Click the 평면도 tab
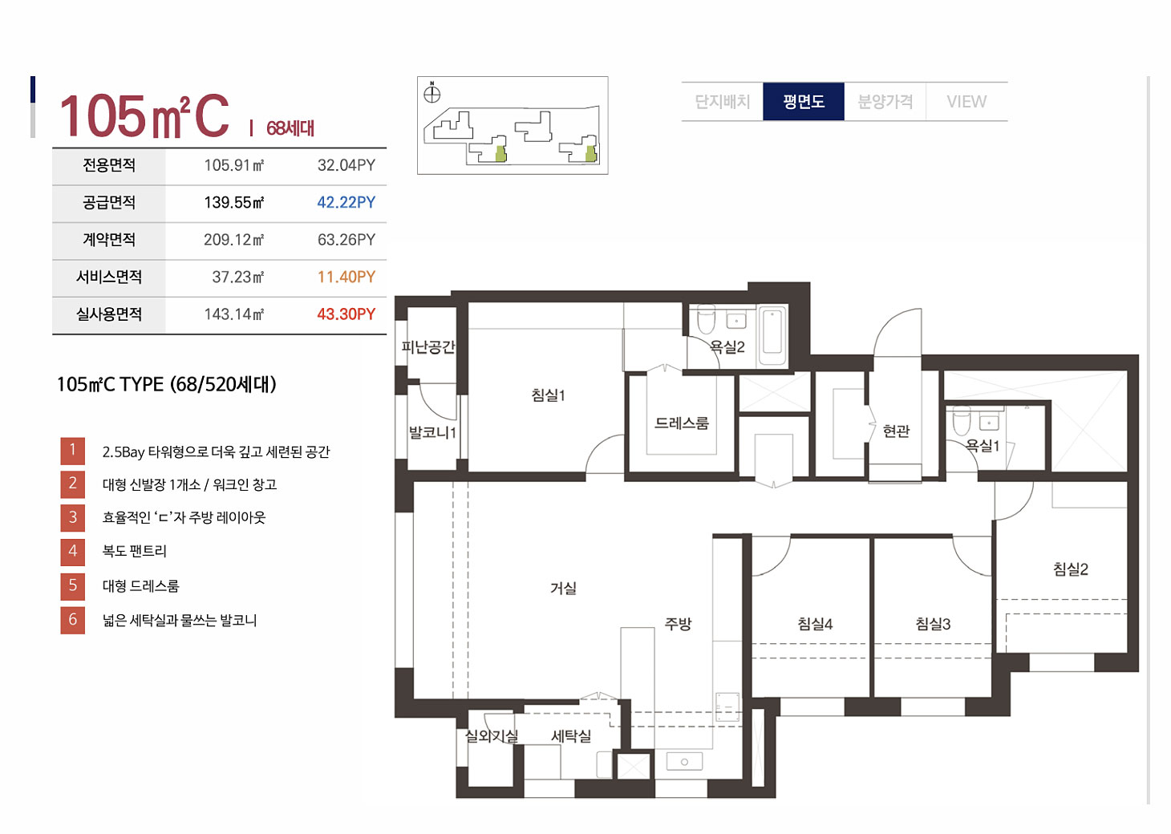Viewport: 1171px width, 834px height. click(x=803, y=101)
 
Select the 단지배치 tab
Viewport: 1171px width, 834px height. click(x=722, y=101)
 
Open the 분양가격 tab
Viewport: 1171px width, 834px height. click(x=885, y=101)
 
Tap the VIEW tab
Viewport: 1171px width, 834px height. click(x=966, y=101)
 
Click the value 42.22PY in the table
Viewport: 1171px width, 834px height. click(x=346, y=202)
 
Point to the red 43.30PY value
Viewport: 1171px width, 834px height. click(x=346, y=314)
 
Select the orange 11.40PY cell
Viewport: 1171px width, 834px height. click(x=346, y=277)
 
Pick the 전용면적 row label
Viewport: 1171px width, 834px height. click(x=109, y=165)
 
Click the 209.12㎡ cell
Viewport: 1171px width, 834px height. click(x=233, y=240)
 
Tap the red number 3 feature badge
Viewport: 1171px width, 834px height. click(x=73, y=517)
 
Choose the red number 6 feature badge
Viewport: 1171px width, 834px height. click(x=73, y=620)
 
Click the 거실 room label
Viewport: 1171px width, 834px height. click(x=563, y=589)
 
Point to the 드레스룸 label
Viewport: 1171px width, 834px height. click(x=682, y=423)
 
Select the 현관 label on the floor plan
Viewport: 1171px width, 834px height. click(x=896, y=431)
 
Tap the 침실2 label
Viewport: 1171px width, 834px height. click(x=1070, y=569)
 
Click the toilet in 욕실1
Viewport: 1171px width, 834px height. click(x=962, y=421)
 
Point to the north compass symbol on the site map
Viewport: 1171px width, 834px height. click(x=432, y=94)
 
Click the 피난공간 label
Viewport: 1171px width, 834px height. click(x=427, y=346)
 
